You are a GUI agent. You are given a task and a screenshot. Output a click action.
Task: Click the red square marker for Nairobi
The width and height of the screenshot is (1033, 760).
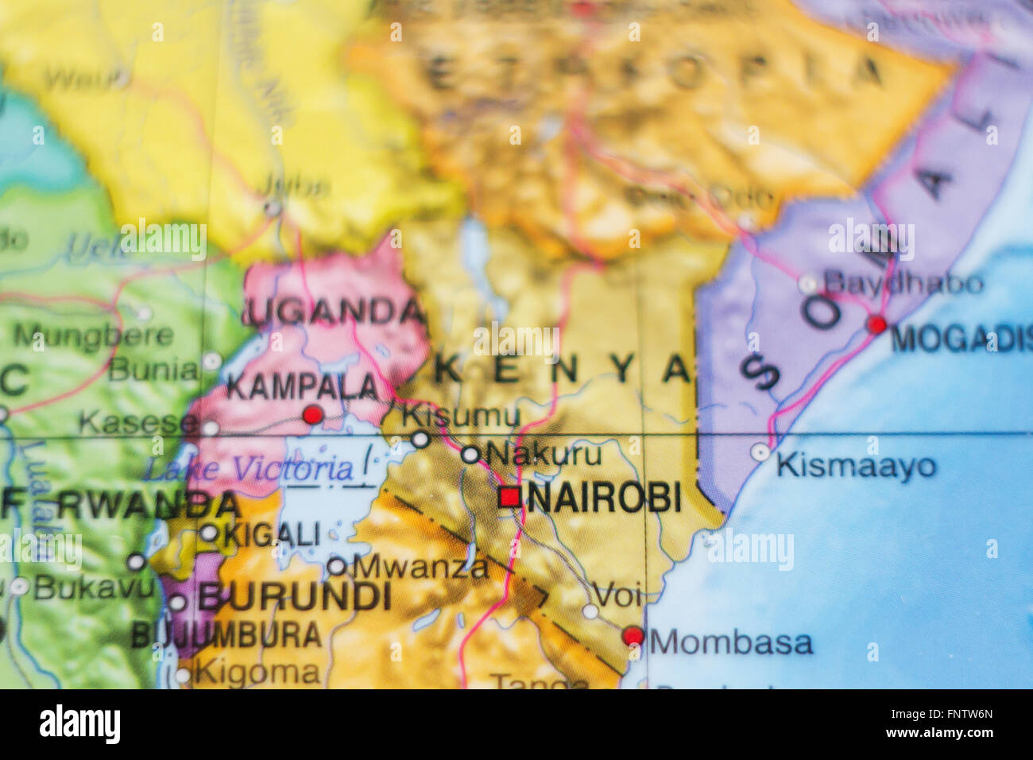(x=509, y=498)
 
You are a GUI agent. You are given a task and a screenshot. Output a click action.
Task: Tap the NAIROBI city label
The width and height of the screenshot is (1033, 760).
(x=604, y=498)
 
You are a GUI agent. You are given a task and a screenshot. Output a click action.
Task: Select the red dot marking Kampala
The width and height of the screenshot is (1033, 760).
(x=313, y=414)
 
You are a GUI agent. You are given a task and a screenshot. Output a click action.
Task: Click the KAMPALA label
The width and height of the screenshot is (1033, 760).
(x=303, y=387)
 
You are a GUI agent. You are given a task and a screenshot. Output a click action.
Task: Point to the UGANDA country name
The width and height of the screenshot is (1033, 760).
(x=334, y=312)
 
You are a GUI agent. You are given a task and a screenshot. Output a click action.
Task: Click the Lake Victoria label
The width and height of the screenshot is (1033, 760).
(x=248, y=469)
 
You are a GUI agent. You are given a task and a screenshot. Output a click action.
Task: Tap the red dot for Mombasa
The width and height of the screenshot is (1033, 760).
(x=633, y=635)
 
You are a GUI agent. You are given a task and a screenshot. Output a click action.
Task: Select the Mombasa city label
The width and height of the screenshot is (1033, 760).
(x=731, y=642)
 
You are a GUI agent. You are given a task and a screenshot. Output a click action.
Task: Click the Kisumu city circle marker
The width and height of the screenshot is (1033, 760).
(x=420, y=440)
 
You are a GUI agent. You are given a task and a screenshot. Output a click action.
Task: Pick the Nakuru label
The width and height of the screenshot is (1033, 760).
(x=544, y=454)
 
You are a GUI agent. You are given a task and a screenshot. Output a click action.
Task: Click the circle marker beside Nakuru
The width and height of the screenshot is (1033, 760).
(x=470, y=455)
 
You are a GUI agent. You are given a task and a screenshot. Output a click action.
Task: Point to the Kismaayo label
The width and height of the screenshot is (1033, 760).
(x=856, y=465)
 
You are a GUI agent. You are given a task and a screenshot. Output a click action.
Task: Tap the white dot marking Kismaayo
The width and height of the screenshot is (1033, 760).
(x=760, y=452)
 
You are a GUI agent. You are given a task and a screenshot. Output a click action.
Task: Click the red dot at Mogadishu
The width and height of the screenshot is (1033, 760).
(x=876, y=324)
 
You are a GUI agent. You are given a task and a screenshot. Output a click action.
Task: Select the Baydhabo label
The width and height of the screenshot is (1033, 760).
(x=903, y=282)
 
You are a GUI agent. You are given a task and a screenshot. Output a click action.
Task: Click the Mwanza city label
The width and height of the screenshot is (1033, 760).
(x=420, y=567)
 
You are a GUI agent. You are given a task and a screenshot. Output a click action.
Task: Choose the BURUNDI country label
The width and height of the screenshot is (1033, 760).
(x=294, y=597)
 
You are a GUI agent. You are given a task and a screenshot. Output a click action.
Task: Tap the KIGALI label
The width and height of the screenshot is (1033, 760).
(x=272, y=535)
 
